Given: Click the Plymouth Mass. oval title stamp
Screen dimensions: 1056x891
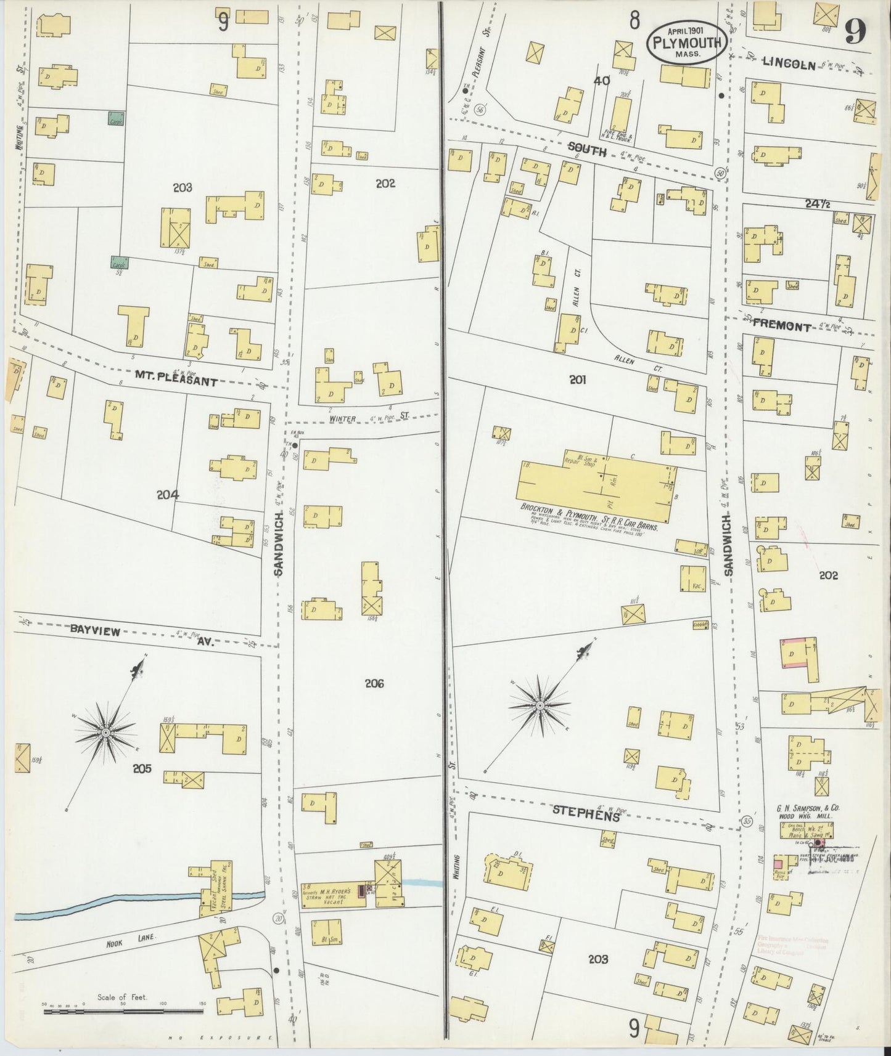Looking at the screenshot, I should [x=686, y=41].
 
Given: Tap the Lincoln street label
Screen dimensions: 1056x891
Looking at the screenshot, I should [x=789, y=63].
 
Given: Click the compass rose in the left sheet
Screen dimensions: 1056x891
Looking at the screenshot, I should [x=105, y=732].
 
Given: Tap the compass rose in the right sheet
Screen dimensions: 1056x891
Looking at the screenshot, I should [x=540, y=705].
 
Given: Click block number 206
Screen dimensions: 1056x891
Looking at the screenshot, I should [x=374, y=683].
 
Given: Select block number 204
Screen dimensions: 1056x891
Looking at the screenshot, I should [x=167, y=494].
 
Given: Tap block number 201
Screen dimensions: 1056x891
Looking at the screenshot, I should [x=577, y=380].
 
